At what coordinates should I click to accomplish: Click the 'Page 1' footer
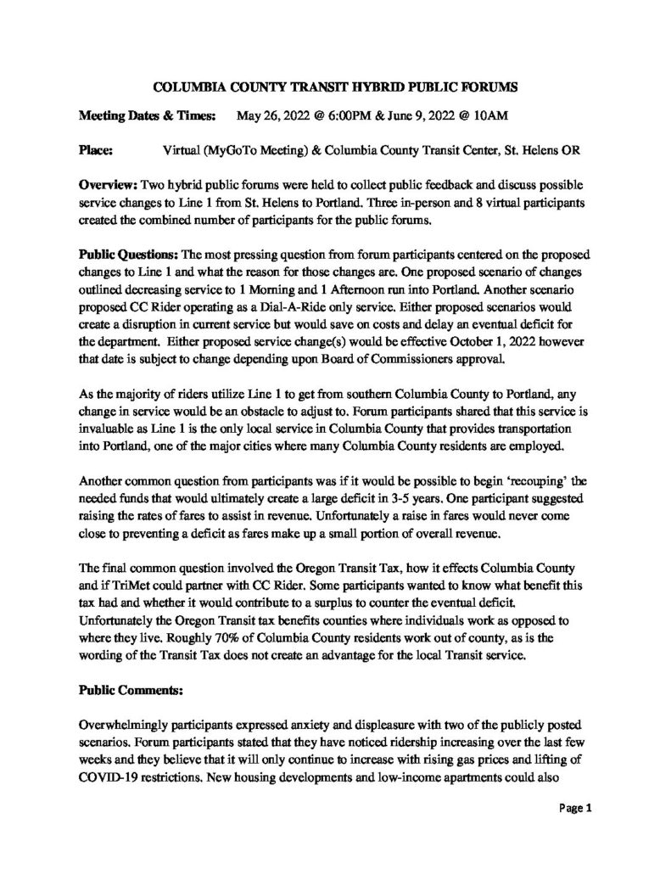[x=573, y=807]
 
